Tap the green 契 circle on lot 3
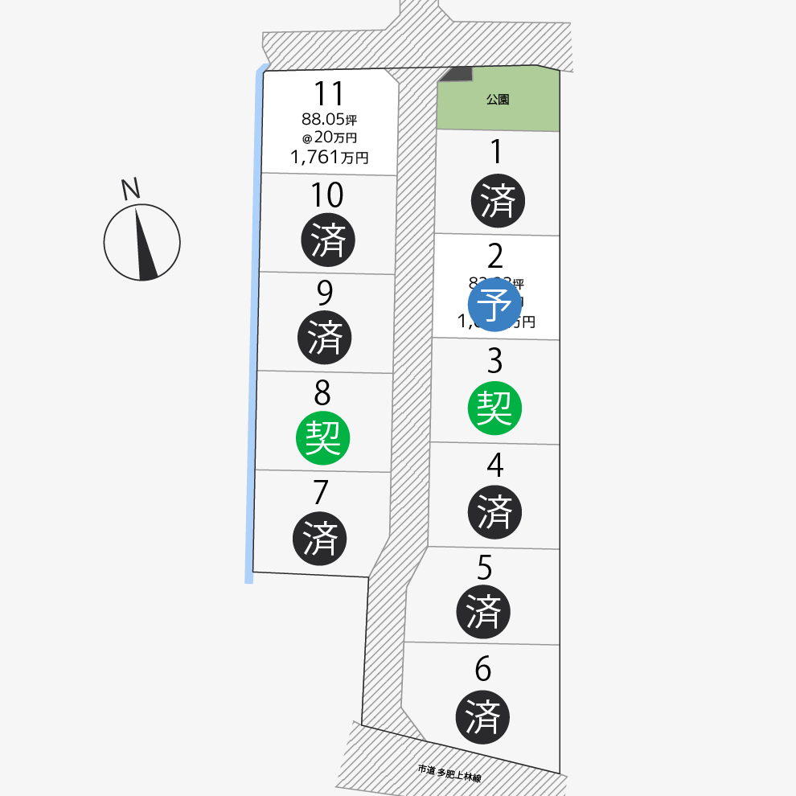[x=494, y=408]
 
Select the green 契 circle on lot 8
[x=324, y=438]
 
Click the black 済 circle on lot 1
[x=498, y=200]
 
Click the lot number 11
[x=330, y=95]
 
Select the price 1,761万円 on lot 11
[x=330, y=158]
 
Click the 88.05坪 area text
[x=330, y=119]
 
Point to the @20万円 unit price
[x=330, y=137]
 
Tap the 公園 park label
[x=498, y=100]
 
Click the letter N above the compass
[x=130, y=189]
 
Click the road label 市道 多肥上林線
[x=449, y=773]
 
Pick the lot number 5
[x=484, y=568]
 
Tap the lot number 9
[x=325, y=294]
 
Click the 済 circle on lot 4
[x=494, y=511]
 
